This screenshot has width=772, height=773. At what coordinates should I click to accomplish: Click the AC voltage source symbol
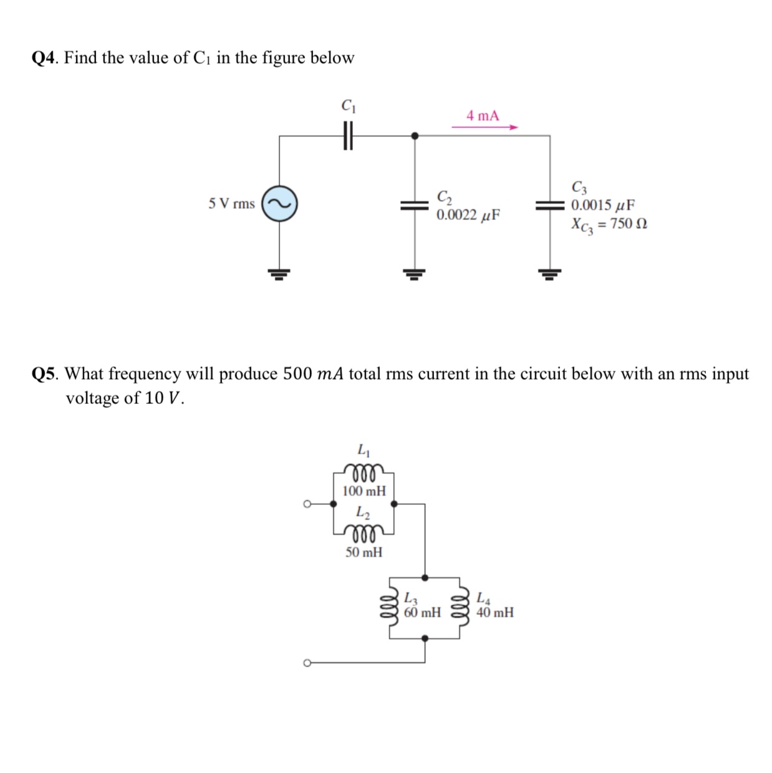pos(279,204)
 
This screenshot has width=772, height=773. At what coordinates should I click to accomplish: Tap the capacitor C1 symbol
pos(348,135)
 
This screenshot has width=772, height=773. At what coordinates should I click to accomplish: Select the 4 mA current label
pos(483,115)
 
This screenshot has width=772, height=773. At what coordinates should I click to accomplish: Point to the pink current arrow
pos(485,127)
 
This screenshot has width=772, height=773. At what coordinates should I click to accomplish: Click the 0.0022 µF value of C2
pos(468,216)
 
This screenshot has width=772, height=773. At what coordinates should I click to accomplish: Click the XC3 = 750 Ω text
pos(609,224)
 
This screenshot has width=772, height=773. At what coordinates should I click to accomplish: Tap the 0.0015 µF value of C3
pos(603,205)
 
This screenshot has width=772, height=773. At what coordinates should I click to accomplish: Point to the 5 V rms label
pos(231,204)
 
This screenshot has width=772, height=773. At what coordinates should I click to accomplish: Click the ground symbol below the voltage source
pos(279,273)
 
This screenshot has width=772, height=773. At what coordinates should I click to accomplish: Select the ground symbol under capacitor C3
pos(550,273)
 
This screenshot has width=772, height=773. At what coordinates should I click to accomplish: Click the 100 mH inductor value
pos(364,491)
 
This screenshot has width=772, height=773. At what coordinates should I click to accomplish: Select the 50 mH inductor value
pos(364,552)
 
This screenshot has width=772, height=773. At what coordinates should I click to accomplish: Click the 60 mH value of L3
pos(422,613)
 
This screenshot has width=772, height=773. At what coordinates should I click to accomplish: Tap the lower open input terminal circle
pos(307,663)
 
